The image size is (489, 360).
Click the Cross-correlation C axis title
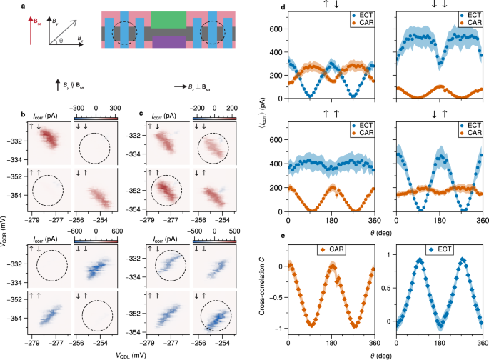point(276,293)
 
